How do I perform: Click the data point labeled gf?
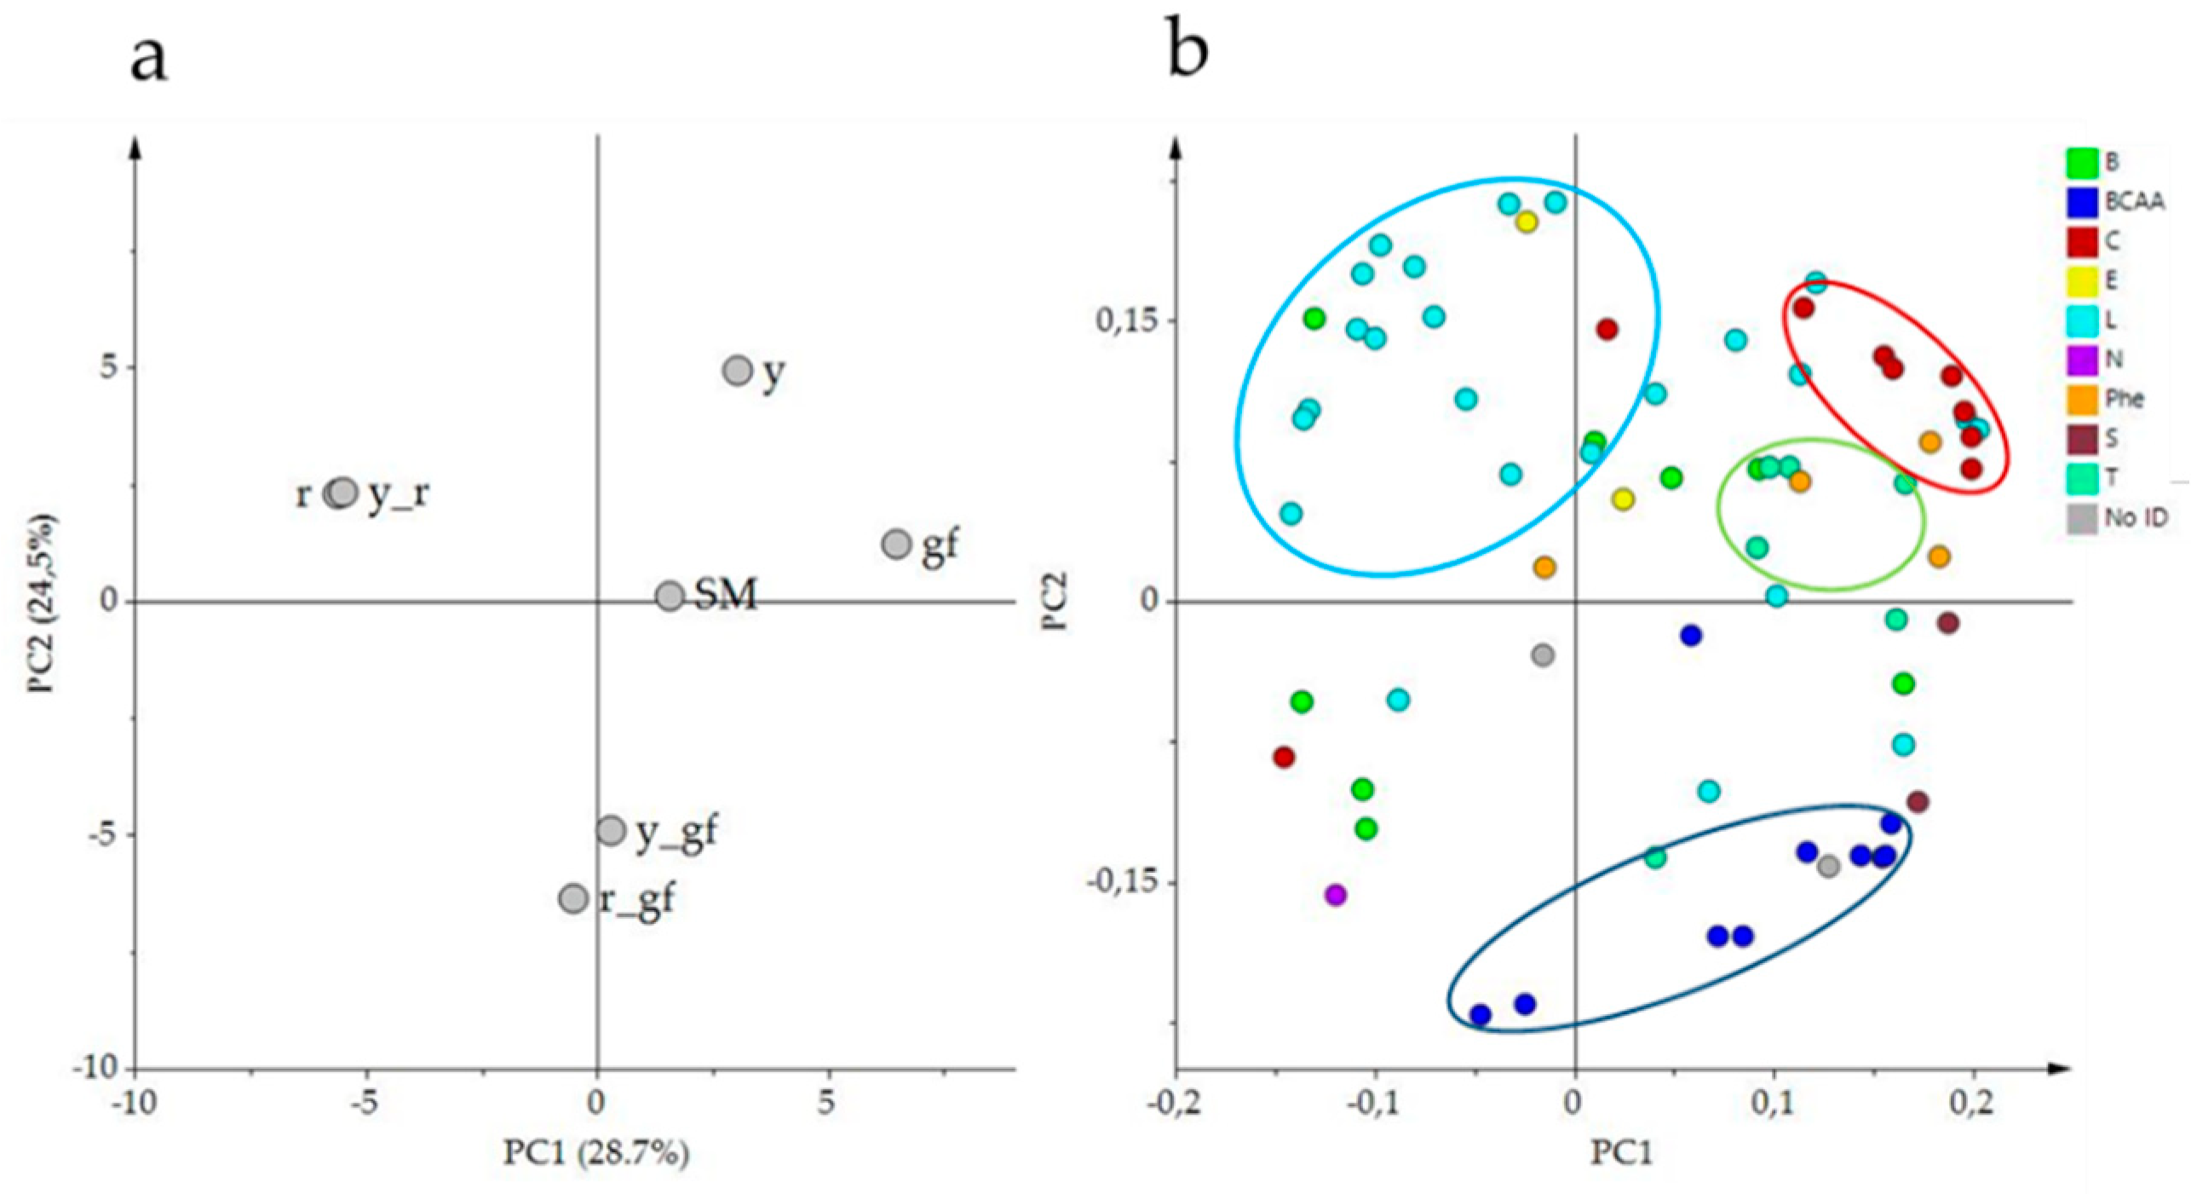click(896, 544)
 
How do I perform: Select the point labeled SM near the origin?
click(670, 596)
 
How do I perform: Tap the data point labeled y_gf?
click(611, 829)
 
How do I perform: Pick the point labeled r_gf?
click(573, 898)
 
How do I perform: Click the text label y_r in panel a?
click(398, 494)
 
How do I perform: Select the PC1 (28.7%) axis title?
click(596, 1152)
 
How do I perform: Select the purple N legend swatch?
click(2082, 360)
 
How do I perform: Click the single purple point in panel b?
click(1335, 895)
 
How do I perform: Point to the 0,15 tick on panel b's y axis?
click(1123, 321)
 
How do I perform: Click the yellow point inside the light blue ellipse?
click(1526, 222)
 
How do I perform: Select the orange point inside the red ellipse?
click(1929, 441)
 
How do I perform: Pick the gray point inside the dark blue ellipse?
click(1828, 867)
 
